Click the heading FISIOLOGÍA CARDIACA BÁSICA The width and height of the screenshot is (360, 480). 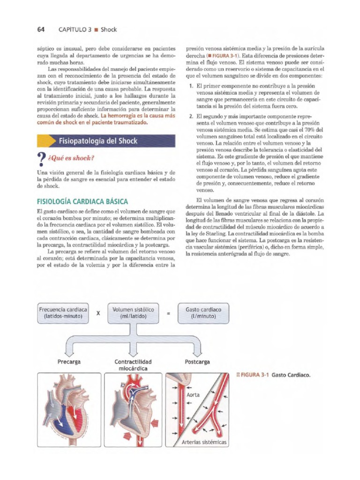point(82,202)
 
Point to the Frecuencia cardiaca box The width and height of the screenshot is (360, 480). point(63,313)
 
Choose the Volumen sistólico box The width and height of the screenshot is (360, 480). point(133,313)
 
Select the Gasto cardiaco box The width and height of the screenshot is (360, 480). point(203,313)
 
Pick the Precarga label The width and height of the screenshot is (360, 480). point(69,362)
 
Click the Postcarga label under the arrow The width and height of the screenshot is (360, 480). point(198,362)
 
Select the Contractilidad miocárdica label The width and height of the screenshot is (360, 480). point(133,365)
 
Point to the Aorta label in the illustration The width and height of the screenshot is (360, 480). point(193,395)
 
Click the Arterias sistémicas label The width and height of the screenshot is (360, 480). point(203,442)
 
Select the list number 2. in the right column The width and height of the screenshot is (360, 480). point(191,115)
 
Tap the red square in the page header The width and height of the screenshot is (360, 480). point(96,30)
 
